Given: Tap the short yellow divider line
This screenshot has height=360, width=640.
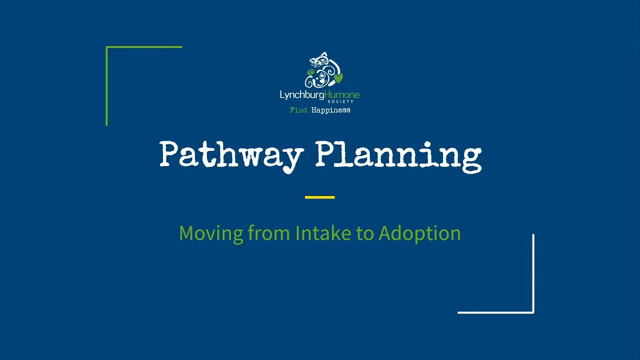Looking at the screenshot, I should coord(319,197).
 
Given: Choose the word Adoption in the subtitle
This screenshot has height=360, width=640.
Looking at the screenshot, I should coord(419,233).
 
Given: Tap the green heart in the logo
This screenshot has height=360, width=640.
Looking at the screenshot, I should coord(338,78).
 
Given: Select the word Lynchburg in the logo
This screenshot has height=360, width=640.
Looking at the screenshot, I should coord(302,94).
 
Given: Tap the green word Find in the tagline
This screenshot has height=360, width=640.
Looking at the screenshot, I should coord(298,110).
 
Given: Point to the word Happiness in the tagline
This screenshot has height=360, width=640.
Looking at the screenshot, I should coord(330,110).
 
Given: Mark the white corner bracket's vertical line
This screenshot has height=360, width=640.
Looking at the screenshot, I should coord(533,272).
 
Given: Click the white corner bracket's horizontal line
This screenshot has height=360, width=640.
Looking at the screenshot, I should coord(495,312).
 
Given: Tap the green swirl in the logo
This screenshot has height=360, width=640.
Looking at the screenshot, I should coord(310,73).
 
